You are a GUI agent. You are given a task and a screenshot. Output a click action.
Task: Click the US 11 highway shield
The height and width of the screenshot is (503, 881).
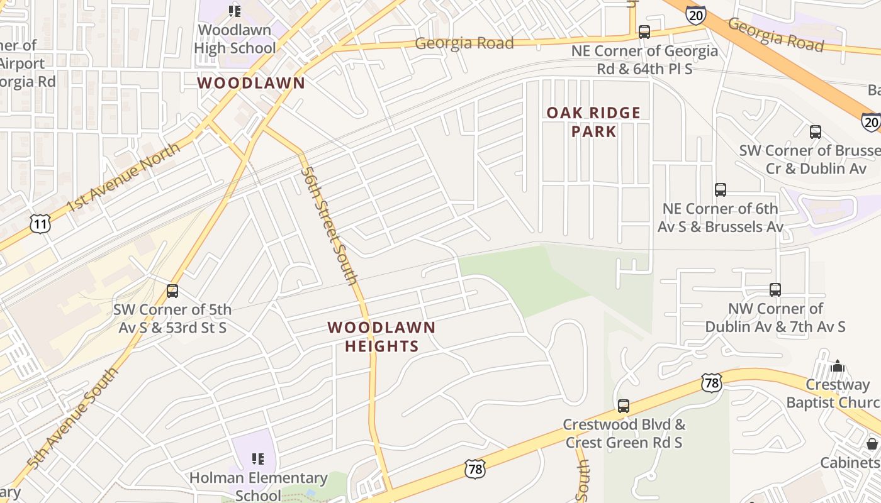40,223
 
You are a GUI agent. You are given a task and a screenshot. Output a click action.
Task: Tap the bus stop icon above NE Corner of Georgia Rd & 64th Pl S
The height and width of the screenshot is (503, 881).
644,31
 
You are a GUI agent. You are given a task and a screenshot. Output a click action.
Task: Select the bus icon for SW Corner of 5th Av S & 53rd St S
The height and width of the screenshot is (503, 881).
172,291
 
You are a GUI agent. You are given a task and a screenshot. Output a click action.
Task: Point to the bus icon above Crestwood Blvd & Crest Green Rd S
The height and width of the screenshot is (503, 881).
623,406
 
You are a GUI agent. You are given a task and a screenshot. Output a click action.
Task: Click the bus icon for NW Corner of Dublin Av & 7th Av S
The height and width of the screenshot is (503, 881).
775,290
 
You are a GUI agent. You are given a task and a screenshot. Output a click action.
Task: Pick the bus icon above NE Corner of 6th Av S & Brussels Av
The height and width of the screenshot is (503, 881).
720,189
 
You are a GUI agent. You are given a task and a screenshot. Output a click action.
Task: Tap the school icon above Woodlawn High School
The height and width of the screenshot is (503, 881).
235,11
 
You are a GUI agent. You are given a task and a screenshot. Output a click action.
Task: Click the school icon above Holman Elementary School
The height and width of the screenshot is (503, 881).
258,459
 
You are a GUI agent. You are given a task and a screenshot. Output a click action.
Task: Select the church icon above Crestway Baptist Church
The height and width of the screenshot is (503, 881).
837,366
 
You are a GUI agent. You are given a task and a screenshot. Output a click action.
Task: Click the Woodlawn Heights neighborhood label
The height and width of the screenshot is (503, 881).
381,336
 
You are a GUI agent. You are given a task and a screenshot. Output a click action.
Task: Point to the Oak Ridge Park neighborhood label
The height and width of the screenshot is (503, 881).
593,122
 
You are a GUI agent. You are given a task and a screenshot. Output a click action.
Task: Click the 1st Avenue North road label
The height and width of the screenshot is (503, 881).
123,177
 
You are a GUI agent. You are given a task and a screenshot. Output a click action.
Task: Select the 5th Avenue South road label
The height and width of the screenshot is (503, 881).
72,418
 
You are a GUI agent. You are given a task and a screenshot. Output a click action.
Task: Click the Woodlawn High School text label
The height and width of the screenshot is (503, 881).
235,39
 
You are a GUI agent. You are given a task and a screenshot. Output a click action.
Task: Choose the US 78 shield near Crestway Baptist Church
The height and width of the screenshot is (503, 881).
711,382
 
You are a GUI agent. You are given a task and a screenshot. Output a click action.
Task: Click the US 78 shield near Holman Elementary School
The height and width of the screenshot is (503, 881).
475,468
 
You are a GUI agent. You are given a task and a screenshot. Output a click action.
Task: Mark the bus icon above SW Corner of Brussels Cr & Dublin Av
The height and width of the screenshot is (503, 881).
815,132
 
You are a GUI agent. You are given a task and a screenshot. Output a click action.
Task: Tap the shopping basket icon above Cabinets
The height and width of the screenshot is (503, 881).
872,444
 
